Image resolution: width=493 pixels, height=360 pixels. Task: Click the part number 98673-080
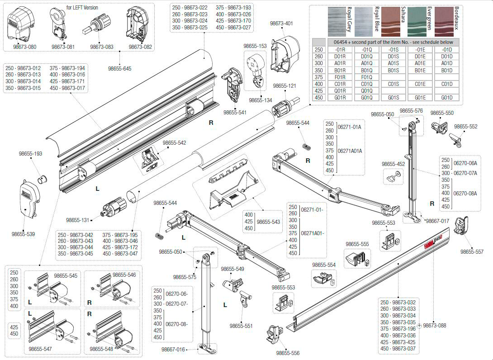[x=24, y=47]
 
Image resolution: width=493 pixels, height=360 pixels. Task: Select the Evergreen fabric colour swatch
[x=419, y=22]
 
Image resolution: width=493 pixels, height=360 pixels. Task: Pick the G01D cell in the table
[x=446, y=98]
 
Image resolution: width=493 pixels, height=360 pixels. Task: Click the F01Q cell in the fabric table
[x=367, y=77]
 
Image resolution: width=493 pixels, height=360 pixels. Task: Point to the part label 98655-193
[x=30, y=154]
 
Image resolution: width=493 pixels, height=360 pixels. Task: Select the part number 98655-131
[x=78, y=220]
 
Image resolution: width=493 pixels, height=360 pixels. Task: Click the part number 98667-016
[x=173, y=349]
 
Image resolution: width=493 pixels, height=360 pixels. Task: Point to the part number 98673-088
[x=434, y=326]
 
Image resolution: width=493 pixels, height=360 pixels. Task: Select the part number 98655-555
[x=357, y=244]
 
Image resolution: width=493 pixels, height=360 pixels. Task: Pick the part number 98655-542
[x=174, y=143]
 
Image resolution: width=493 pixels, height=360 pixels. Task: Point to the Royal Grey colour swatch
[x=339, y=22]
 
